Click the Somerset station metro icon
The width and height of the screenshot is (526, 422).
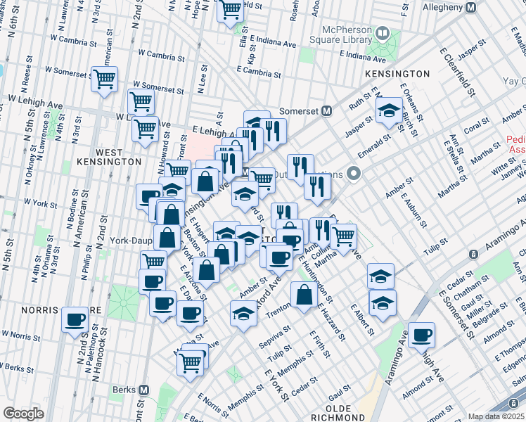click(326, 110)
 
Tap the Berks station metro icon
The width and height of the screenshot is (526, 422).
click(143, 390)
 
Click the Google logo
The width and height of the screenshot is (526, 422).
click(23, 413)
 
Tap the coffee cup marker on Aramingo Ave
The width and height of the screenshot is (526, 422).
click(421, 335)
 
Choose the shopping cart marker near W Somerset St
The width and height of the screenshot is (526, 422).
click(105, 79)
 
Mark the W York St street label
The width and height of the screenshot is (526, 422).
click(41, 202)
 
